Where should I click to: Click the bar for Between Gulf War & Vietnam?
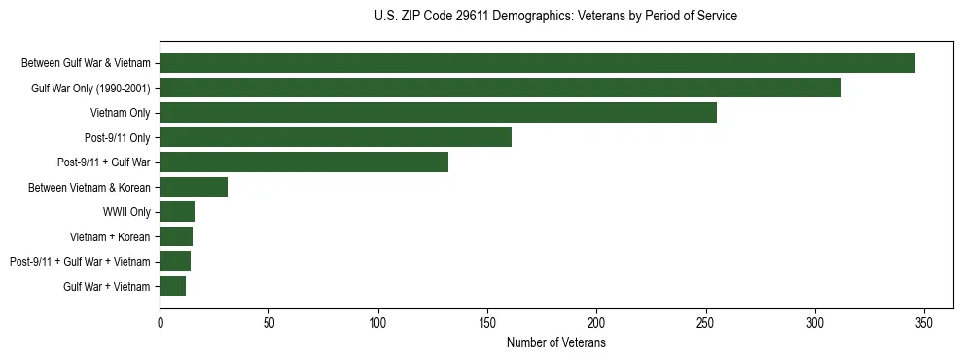(x=537, y=63)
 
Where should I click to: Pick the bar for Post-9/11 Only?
(x=336, y=137)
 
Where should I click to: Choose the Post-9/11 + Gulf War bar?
(x=303, y=162)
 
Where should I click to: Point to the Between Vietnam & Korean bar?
(x=194, y=187)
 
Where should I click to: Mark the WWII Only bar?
(x=177, y=211)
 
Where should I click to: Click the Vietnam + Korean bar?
(x=176, y=236)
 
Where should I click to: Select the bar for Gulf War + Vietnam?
(x=172, y=286)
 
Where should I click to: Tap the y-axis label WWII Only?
(x=126, y=212)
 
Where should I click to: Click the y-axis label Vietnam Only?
(x=121, y=113)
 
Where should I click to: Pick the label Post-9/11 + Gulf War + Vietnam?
(x=80, y=262)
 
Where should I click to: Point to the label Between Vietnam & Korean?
(x=89, y=187)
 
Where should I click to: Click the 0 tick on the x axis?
(x=160, y=323)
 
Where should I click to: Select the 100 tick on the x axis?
(x=378, y=323)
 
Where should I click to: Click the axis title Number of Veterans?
(x=556, y=342)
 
